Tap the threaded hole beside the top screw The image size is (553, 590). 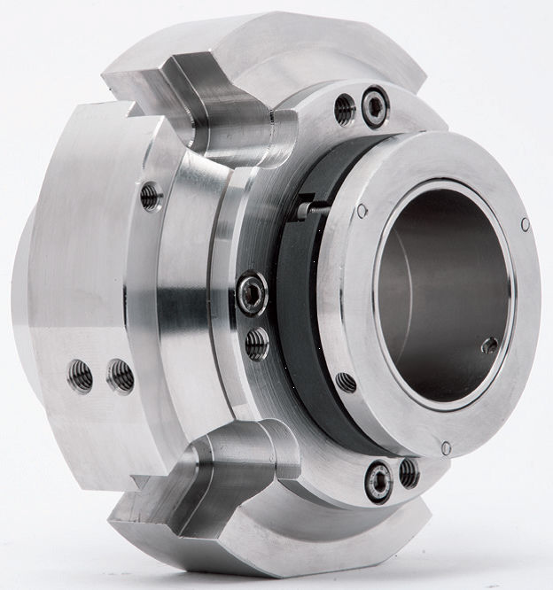click(345, 109)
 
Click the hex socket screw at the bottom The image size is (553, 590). click(379, 480)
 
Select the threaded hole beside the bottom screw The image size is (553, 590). click(409, 472)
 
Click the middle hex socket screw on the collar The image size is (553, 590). click(252, 293)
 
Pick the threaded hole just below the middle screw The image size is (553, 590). click(257, 343)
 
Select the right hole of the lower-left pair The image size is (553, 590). click(120, 376)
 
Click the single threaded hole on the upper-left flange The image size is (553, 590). click(152, 196)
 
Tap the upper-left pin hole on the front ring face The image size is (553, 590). click(362, 211)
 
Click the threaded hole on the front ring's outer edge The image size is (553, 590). click(346, 383)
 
